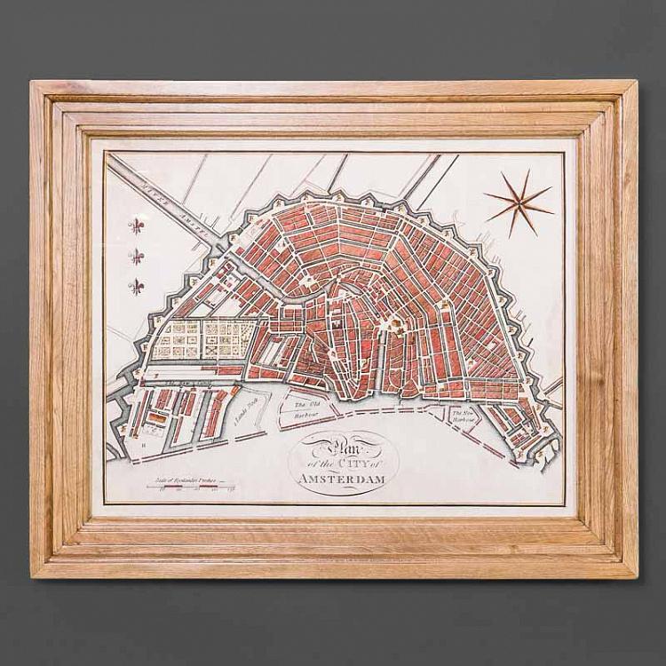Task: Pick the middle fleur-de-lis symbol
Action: point(138,257)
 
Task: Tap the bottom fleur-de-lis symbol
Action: point(138,286)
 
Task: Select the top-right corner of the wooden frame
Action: point(636,83)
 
